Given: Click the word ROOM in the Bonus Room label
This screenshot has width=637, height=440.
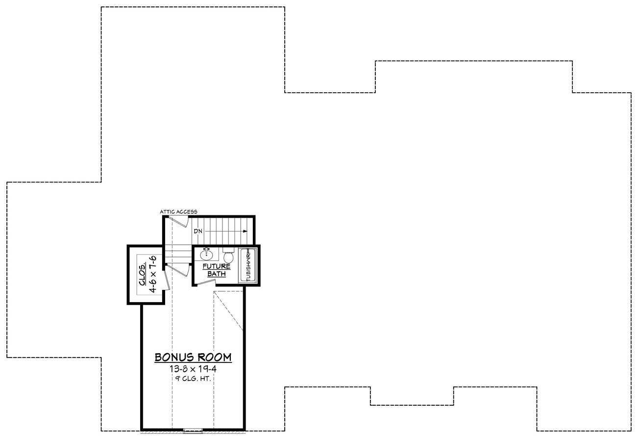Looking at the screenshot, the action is pyautogui.click(x=215, y=357).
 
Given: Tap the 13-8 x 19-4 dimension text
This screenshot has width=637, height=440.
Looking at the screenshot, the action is pyautogui.click(x=193, y=369).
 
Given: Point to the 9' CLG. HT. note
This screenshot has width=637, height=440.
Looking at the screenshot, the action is pyautogui.click(x=193, y=379).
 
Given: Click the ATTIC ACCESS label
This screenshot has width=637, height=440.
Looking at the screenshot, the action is pyautogui.click(x=178, y=212).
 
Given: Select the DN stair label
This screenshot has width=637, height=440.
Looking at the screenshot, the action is pyautogui.click(x=198, y=231).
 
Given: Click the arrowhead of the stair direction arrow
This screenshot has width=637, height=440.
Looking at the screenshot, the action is pyautogui.click(x=245, y=232).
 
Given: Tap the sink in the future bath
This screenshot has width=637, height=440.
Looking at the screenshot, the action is pyautogui.click(x=206, y=254).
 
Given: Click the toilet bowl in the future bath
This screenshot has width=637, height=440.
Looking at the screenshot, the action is pyautogui.click(x=228, y=257).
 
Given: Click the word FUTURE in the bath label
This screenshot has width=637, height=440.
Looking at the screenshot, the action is pyautogui.click(x=217, y=266).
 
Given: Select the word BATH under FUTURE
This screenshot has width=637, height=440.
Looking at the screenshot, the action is pyautogui.click(x=217, y=274).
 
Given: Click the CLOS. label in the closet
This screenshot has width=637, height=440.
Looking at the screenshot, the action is pyautogui.click(x=143, y=274).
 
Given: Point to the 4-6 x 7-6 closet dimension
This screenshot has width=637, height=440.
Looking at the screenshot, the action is pyautogui.click(x=153, y=274).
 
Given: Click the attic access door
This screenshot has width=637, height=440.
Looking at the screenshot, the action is pyautogui.click(x=178, y=222).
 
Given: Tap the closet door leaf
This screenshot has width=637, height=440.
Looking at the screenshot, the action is pyautogui.click(x=167, y=280).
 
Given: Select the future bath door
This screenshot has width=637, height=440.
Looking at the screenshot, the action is pyautogui.click(x=206, y=283).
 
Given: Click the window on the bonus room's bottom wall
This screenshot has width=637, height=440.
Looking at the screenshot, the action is pyautogui.click(x=193, y=431).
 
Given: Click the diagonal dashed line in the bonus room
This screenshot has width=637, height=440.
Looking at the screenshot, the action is pyautogui.click(x=228, y=311).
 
